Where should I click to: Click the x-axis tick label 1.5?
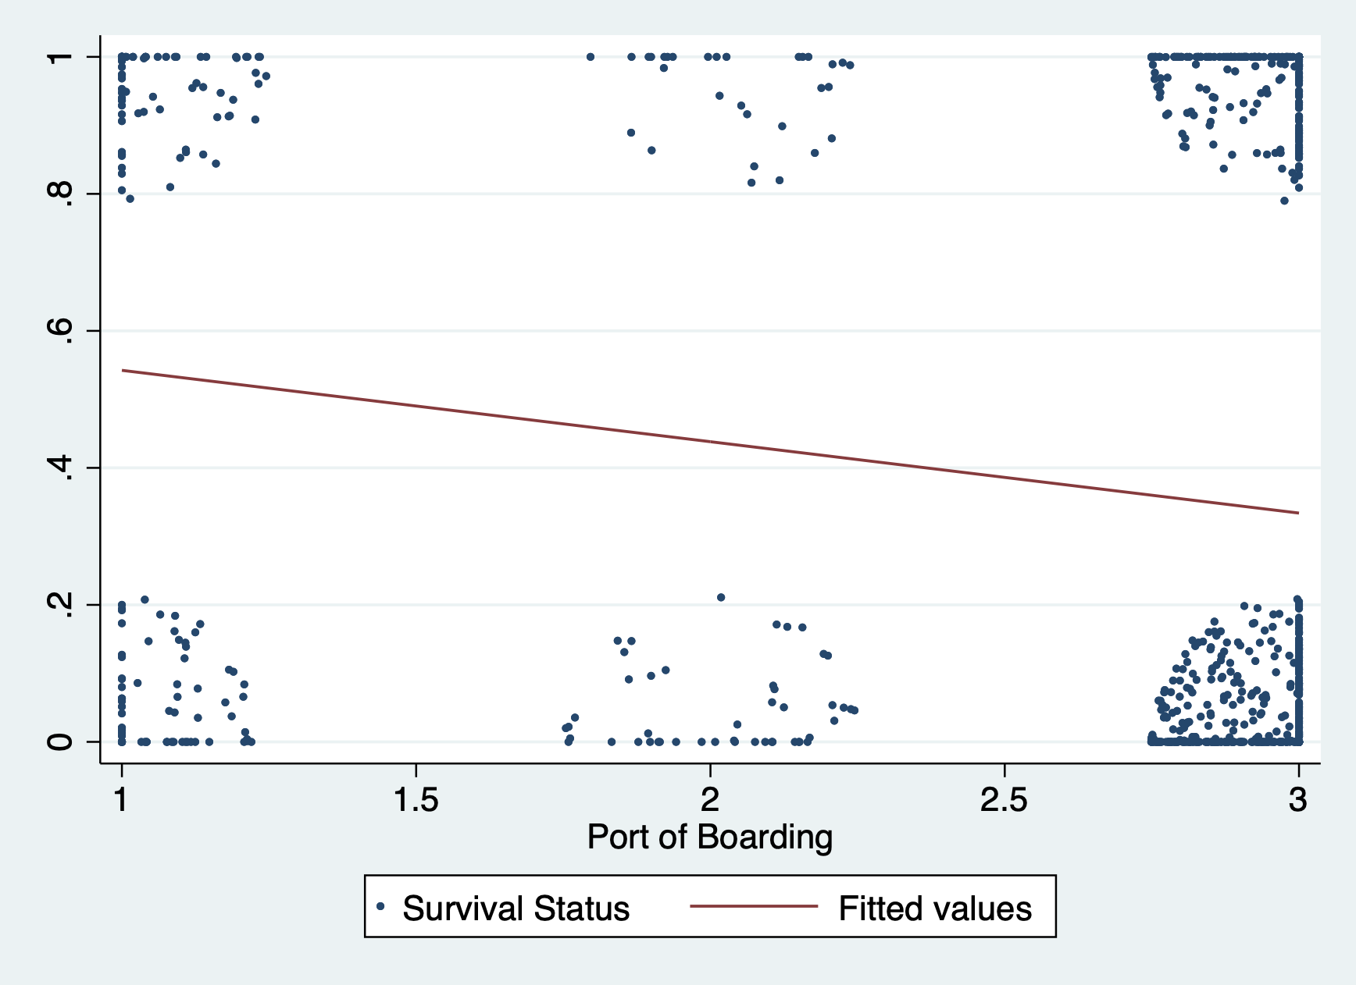[416, 800]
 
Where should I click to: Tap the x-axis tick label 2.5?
[1004, 800]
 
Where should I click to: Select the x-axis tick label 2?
[709, 800]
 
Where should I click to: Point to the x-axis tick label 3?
[1298, 800]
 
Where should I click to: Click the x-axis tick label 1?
[121, 800]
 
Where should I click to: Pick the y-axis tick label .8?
[59, 193]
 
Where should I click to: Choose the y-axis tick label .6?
[59, 330]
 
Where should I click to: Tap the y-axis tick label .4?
[59, 467]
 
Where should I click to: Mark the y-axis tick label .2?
[59, 604]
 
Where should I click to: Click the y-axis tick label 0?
[59, 741]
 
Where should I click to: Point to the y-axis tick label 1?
[59, 56]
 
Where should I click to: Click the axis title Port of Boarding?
[709, 837]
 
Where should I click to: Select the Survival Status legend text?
[516, 909]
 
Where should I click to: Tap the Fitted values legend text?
[935, 909]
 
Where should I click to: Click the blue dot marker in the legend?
[380, 906]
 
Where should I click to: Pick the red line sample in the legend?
[754, 906]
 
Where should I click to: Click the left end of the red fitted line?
[122, 370]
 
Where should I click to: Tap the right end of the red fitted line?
[1298, 513]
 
